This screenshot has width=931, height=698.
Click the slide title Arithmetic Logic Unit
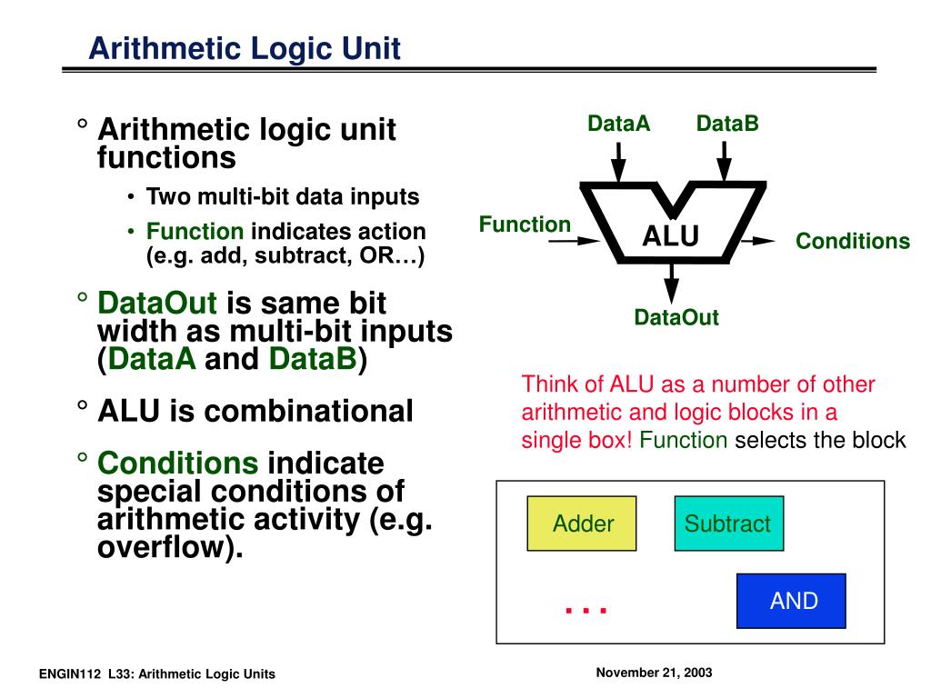[x=245, y=47]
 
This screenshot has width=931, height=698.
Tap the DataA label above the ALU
[x=618, y=124]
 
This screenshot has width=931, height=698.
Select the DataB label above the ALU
[x=727, y=124]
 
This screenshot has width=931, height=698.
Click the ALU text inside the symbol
[x=671, y=237]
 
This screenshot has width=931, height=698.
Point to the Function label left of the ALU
[x=525, y=224]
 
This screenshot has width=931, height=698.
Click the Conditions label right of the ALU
[x=852, y=241]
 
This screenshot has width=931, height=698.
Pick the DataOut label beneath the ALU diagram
[x=676, y=318]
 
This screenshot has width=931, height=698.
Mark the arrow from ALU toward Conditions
[x=757, y=241]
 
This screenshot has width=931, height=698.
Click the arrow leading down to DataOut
[x=671, y=284]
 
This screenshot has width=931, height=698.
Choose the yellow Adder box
[x=582, y=523]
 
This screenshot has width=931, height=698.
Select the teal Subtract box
[x=727, y=523]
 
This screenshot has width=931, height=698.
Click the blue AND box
[x=790, y=601]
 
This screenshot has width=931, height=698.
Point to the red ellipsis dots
[x=586, y=610]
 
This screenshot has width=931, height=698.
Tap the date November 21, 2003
[x=654, y=673]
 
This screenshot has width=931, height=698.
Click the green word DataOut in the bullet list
[x=157, y=303]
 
